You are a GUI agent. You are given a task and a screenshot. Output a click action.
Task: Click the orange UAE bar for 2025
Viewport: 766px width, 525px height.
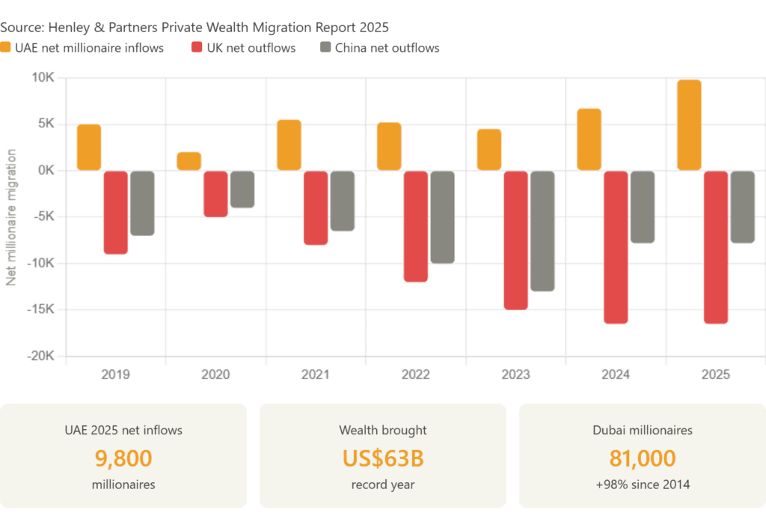point(689,124)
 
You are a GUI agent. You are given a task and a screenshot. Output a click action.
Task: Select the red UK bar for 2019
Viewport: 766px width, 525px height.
point(115,213)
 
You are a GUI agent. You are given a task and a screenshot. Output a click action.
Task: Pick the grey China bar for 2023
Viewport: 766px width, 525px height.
point(542,231)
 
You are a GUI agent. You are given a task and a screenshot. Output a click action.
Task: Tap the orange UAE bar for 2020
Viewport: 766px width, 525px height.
point(189,161)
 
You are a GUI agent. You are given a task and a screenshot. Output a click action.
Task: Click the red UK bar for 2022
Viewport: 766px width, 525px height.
point(415,226)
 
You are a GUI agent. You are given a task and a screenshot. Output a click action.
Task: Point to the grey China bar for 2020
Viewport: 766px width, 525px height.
point(242,189)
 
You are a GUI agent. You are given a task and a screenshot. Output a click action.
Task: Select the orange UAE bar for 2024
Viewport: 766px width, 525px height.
point(589,139)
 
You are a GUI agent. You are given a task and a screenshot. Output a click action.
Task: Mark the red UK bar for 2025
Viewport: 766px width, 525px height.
point(716,247)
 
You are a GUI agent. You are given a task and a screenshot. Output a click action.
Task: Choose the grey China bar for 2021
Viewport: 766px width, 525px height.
point(342,201)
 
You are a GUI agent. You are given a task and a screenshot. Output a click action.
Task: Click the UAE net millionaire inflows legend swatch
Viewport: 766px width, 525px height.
point(6,48)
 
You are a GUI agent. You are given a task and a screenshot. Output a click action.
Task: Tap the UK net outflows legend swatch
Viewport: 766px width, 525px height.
point(197,48)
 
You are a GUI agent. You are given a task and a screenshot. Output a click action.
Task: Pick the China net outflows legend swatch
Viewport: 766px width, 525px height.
point(325,48)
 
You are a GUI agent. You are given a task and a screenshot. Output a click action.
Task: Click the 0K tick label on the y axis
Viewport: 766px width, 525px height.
point(46,171)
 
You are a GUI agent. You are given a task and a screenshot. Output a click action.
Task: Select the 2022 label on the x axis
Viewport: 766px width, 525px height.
point(416,374)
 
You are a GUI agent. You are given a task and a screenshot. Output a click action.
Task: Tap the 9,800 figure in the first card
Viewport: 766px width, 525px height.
point(123,458)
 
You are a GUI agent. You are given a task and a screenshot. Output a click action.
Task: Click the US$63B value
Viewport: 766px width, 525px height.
point(382,458)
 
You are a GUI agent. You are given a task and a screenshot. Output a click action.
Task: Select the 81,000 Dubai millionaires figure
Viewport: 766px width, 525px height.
point(643,458)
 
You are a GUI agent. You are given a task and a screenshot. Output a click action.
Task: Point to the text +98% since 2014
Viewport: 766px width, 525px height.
point(643,485)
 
